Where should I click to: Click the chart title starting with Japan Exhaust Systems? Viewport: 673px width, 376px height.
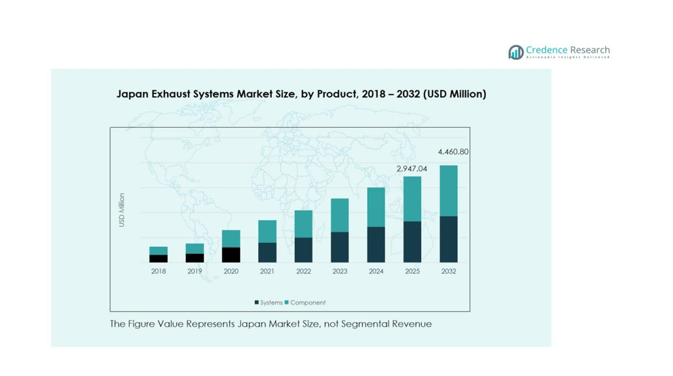coord(301,94)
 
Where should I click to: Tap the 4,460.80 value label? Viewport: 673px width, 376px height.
coord(453,152)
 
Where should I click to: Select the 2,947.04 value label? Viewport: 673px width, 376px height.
coord(411,168)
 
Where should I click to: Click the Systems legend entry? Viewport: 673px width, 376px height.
coord(269,303)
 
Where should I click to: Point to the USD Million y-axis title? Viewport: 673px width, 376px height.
coord(122,210)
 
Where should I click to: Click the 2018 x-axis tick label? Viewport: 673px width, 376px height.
coord(158,272)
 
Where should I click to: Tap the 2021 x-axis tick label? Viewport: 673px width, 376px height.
coord(267,272)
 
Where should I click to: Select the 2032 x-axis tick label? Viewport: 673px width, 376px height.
coord(449,272)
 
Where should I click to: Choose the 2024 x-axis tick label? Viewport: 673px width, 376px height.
coord(376,272)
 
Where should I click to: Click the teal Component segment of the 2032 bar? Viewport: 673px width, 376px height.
coord(449,191)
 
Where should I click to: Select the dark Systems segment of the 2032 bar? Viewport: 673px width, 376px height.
coord(449,239)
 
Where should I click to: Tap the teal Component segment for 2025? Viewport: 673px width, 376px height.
coord(412,198)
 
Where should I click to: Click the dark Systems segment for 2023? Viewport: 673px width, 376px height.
coord(339,247)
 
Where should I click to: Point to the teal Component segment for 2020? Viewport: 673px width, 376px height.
coord(231,238)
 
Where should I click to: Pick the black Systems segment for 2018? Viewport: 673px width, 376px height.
coord(158,258)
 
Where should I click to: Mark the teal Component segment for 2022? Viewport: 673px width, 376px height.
coord(303,224)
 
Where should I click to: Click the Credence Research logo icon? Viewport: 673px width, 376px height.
coord(516,52)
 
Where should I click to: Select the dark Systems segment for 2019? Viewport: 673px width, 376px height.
coord(194,258)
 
